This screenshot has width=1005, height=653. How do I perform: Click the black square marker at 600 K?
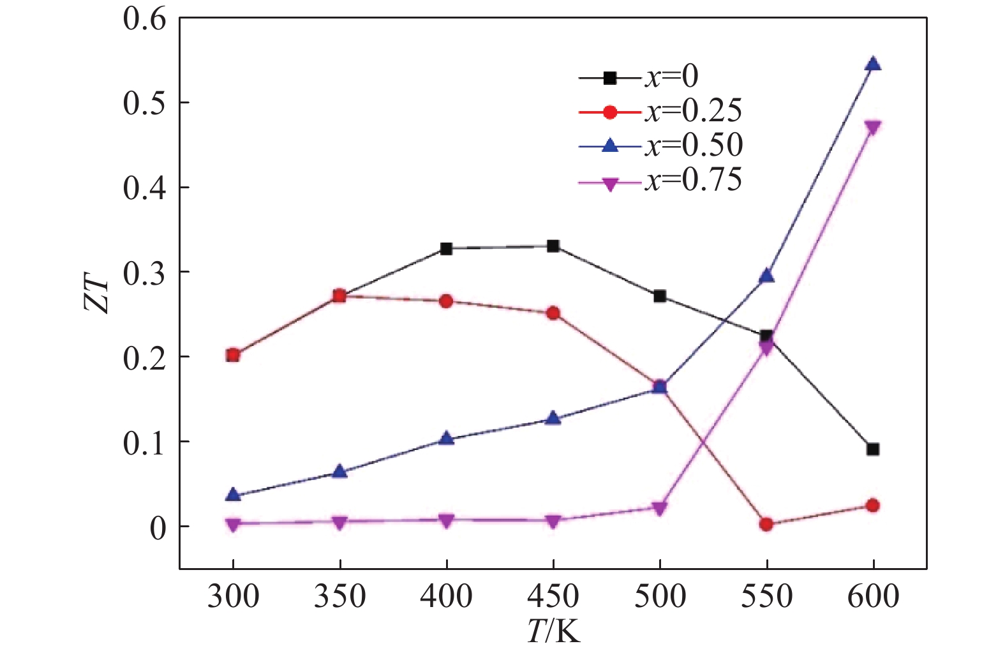click(x=873, y=449)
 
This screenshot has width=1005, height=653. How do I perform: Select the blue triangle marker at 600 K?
click(x=873, y=64)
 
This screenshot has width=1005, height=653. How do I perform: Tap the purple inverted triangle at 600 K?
click(x=873, y=127)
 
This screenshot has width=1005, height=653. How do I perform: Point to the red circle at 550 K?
click(x=766, y=524)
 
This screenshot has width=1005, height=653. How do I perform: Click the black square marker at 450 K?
click(x=553, y=246)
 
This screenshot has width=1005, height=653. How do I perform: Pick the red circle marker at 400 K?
click(x=447, y=301)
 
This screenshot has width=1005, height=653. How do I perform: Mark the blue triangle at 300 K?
click(x=233, y=495)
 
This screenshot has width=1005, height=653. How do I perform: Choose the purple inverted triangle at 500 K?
click(x=660, y=508)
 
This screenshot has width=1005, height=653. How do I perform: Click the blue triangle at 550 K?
click(x=766, y=276)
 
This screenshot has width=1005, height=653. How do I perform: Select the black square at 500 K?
click(x=660, y=296)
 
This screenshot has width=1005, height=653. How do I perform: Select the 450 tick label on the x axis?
click(x=553, y=597)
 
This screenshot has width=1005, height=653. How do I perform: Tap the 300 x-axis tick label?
click(x=233, y=597)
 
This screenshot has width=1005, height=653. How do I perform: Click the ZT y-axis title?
click(x=97, y=294)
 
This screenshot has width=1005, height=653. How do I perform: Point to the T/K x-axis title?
click(x=553, y=632)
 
